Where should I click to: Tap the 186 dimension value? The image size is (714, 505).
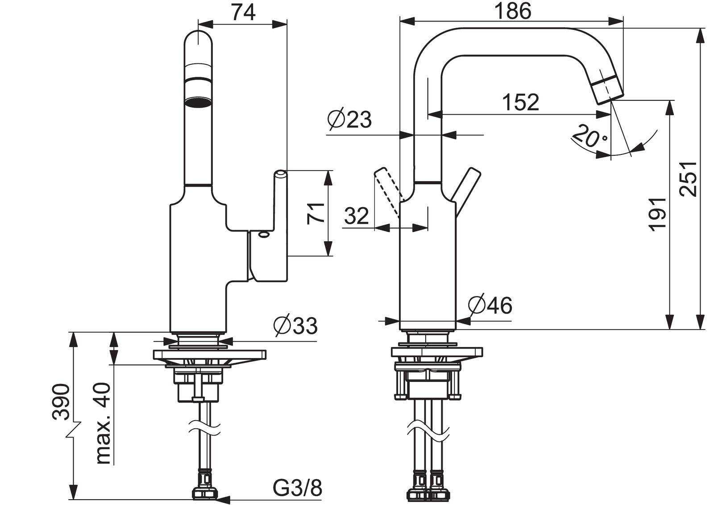513,11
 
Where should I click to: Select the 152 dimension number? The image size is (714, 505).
520,102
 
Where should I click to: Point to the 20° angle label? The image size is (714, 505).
589,136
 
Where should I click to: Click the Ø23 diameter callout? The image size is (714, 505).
349,119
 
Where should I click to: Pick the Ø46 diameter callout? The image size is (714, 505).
490,305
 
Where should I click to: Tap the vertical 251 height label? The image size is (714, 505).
688,179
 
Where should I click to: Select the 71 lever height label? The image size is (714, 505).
315,213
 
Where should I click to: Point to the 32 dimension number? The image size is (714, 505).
357,216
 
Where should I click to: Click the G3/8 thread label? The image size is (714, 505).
297,488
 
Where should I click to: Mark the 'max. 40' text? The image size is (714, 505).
103,423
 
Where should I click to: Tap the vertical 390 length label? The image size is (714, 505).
62,401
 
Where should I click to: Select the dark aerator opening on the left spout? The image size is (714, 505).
198,102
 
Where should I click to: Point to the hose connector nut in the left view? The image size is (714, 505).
205,493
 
